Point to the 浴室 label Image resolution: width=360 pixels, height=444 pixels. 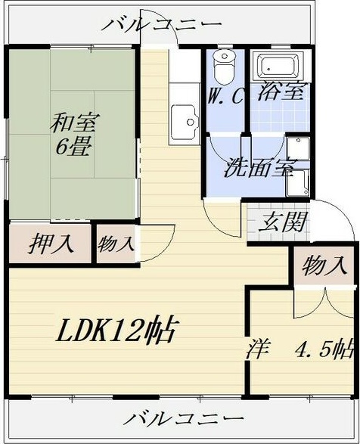point(281,92)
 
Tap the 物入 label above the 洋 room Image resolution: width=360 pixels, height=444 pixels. point(325,265)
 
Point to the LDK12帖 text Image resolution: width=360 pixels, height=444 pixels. point(116,331)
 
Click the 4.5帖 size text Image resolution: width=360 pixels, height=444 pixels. point(324,349)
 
